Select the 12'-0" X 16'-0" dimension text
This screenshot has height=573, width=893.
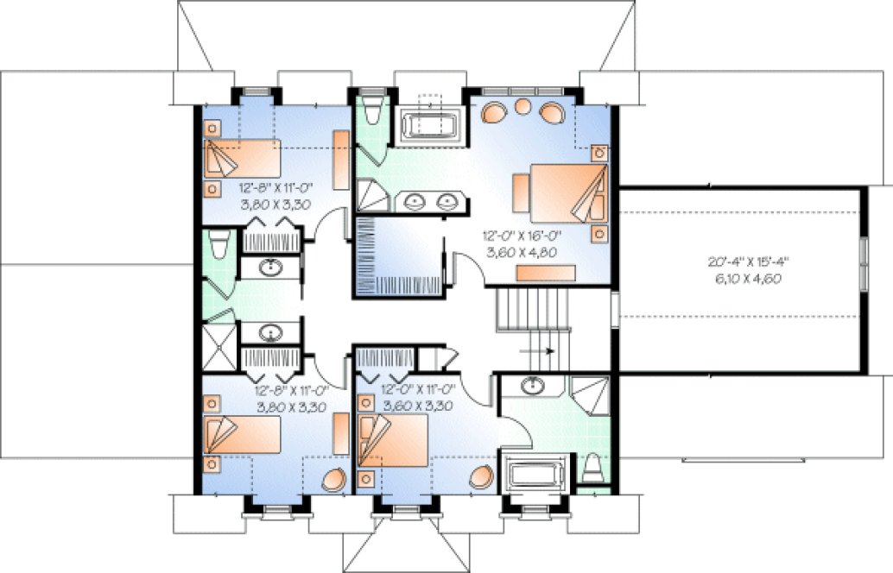click(x=522, y=234)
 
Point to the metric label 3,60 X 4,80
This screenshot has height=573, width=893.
click(x=522, y=250)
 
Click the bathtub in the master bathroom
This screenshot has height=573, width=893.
click(x=428, y=123)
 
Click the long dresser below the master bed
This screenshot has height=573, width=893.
click(x=546, y=273)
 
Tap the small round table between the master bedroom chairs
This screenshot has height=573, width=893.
click(x=523, y=107)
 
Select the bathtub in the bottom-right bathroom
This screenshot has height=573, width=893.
click(x=535, y=475)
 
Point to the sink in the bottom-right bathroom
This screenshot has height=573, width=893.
click(x=534, y=385)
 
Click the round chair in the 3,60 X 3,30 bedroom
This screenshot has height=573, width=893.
click(x=484, y=476)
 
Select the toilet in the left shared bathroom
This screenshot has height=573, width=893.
click(x=218, y=244)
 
